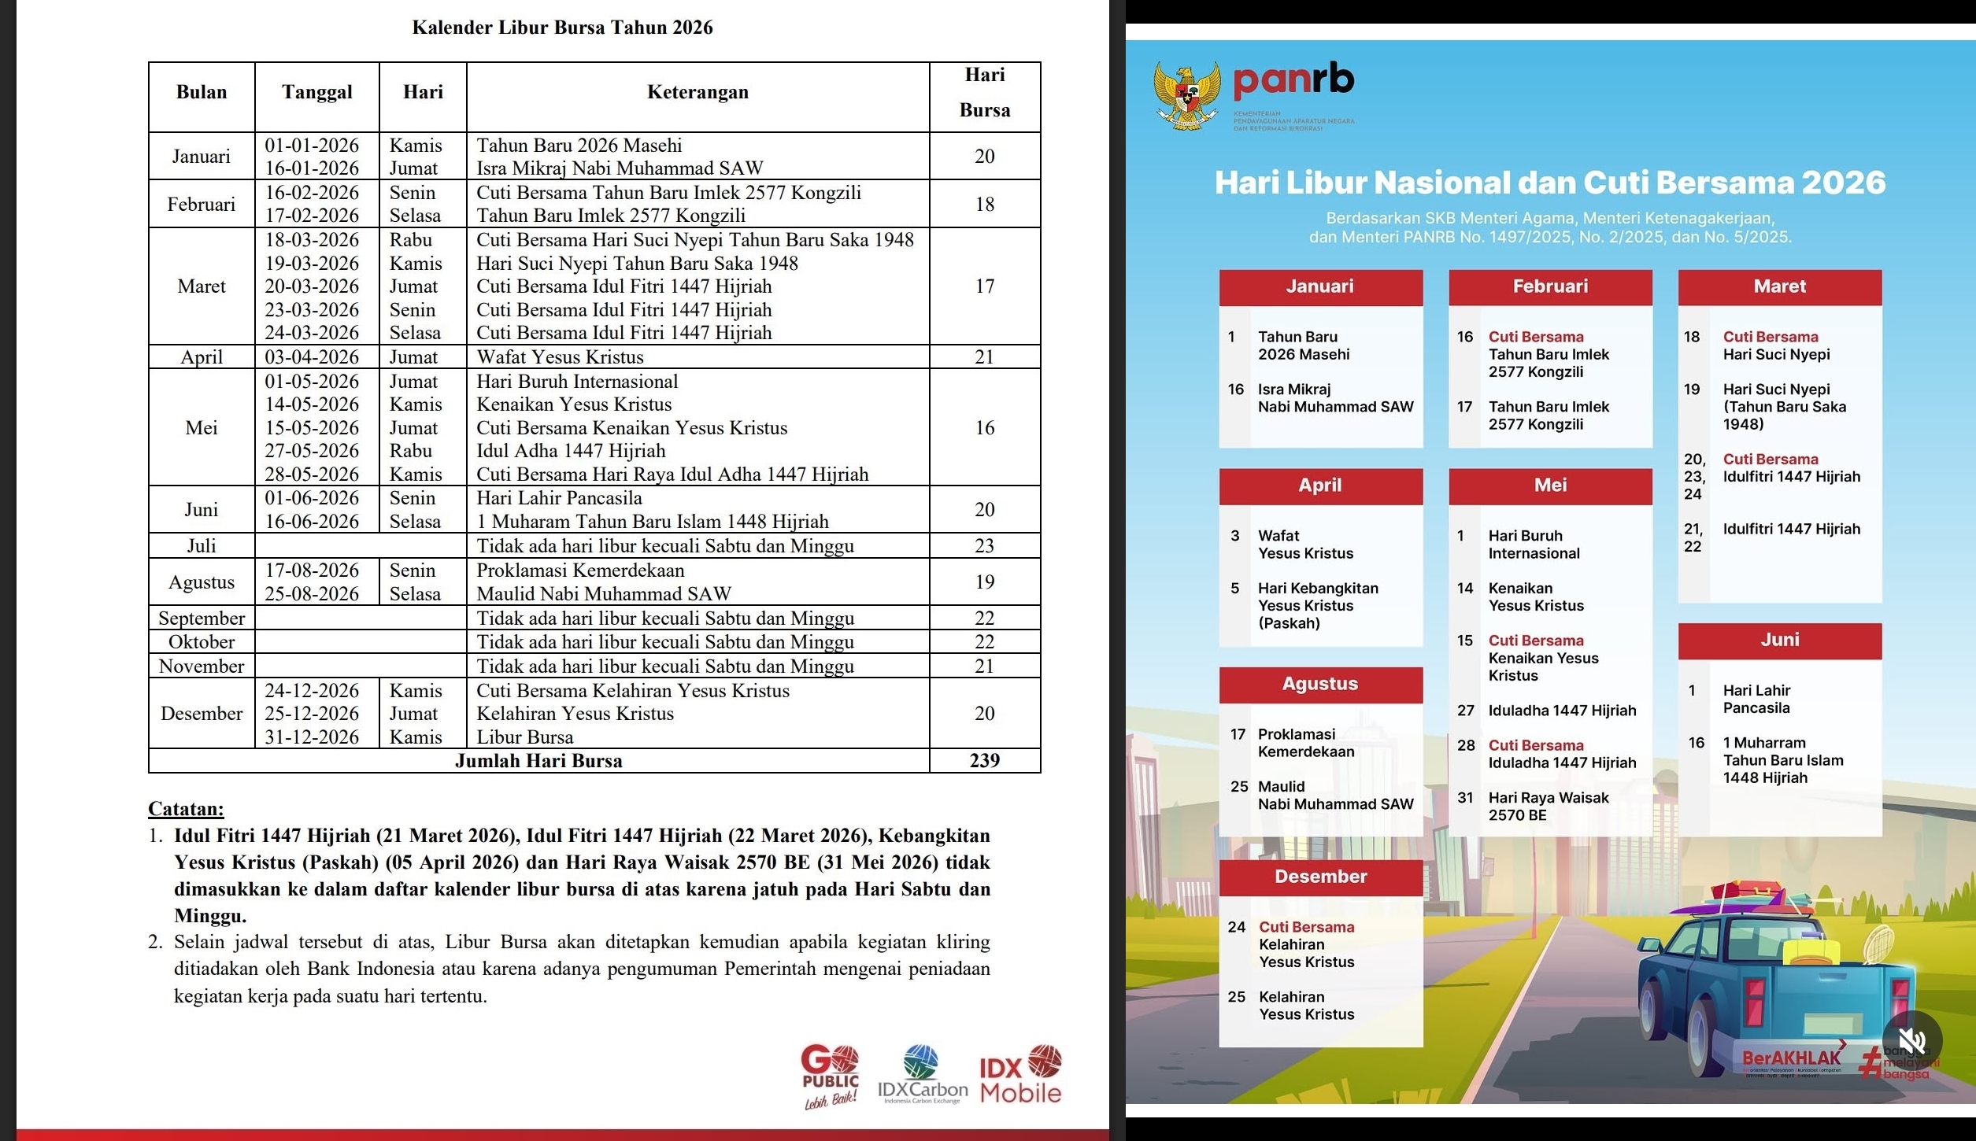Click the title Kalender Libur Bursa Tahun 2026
(562, 28)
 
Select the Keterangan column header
(698, 92)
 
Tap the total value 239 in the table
(984, 760)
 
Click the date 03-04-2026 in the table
(312, 357)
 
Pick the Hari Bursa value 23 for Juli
(984, 546)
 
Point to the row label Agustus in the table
(202, 582)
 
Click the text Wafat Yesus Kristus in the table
(560, 357)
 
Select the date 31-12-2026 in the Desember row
(312, 737)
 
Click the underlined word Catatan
(186, 809)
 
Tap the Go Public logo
(831, 1076)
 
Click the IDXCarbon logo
(923, 1075)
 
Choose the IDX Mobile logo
(1021, 1075)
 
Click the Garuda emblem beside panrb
(1187, 96)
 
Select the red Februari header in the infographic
(1550, 286)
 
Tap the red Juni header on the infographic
(1779, 640)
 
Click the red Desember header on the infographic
(1320, 877)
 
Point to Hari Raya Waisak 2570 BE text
(1548, 807)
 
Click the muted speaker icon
(1911, 1040)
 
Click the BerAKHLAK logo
(1791, 1059)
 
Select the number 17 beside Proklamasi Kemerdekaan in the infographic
(1238, 734)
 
